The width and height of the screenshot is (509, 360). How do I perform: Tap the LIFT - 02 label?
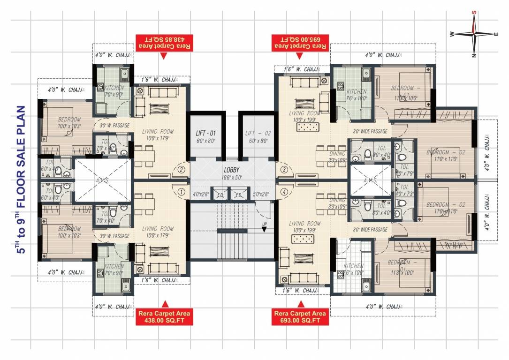[x=256, y=133]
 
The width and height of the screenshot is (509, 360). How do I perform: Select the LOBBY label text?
[x=232, y=170]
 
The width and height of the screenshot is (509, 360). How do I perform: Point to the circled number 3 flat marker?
[x=283, y=169]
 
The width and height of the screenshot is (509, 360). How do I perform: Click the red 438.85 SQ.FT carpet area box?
[x=163, y=43]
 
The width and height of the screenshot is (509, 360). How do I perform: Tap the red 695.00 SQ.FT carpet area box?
[x=300, y=43]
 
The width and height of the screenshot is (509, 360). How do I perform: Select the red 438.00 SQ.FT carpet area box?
[x=163, y=317]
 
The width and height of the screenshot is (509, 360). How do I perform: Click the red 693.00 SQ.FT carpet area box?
[x=300, y=317]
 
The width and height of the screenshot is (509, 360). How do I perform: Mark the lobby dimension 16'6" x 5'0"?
[x=232, y=178]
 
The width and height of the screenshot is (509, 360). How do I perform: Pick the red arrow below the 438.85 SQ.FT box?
[x=163, y=55]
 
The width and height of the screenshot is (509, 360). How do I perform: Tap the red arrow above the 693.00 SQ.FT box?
[x=300, y=304]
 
